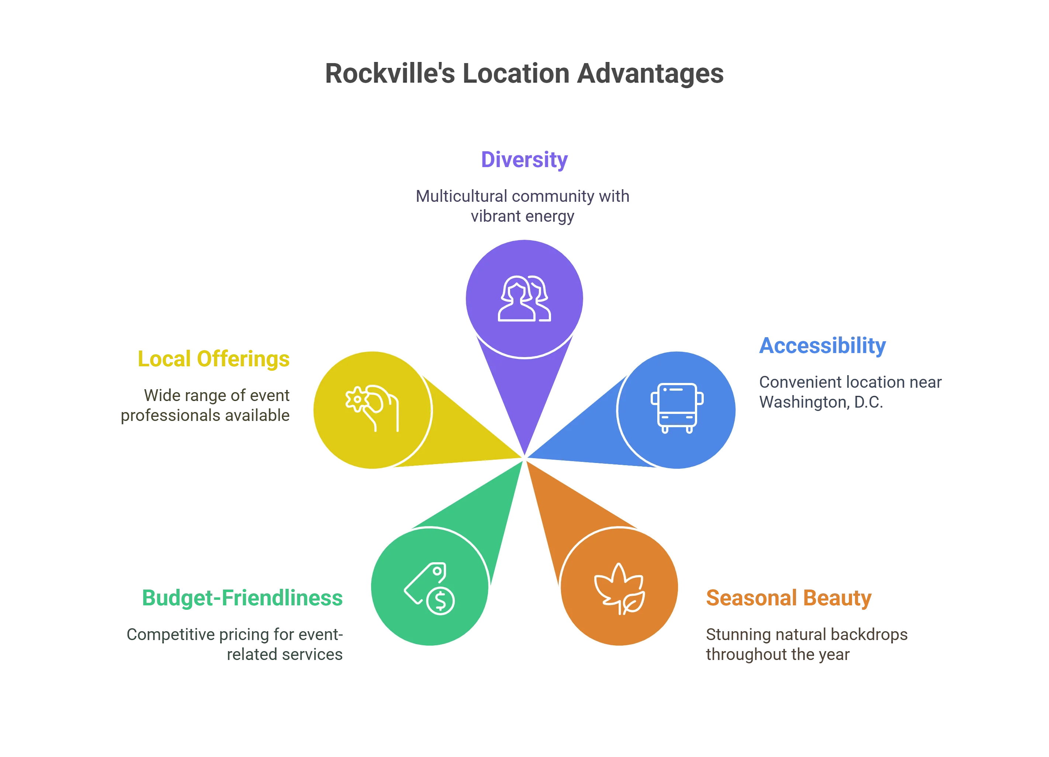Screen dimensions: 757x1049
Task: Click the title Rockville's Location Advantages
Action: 524,73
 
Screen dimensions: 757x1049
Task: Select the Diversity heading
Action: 524,160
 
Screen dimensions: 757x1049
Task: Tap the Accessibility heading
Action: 823,346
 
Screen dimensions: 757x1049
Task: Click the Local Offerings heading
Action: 215,360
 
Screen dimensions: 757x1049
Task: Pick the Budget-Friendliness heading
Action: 243,598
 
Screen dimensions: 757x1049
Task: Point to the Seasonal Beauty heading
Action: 789,598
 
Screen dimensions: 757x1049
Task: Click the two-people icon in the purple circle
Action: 524,298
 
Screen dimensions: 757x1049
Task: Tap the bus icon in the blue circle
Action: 677,408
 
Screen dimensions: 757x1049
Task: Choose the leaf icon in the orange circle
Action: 619,588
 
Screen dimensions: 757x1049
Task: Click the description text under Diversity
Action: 523,207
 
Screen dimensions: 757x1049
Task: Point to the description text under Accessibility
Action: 850,393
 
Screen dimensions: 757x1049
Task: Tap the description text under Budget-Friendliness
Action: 236,644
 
